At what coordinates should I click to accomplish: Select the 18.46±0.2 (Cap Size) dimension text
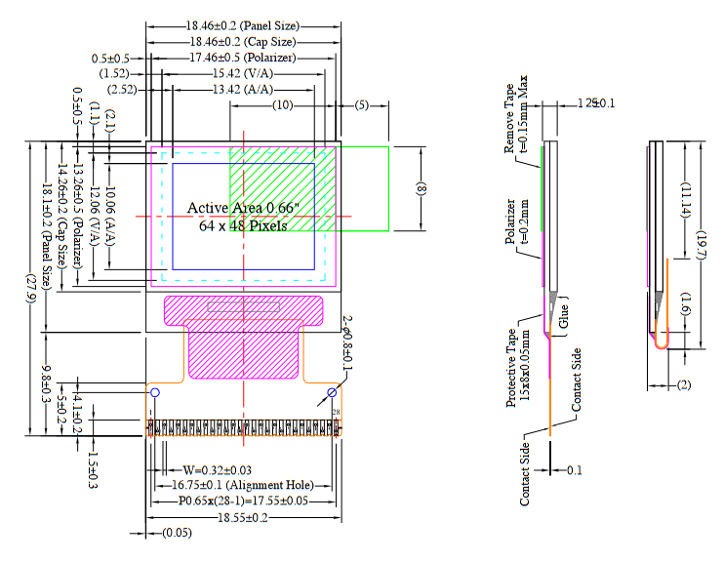241,42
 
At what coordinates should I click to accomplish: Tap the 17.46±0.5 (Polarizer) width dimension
243,59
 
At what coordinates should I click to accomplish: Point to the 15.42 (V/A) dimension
243,74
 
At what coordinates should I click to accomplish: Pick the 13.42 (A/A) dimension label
243,90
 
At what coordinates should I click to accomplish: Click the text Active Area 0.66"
243,208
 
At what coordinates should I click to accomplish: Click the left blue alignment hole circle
154,392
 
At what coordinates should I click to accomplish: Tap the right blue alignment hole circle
333,392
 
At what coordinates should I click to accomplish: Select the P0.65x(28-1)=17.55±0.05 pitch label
243,501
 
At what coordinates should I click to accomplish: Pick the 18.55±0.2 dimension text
245,517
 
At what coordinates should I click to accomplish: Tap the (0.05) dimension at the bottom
177,533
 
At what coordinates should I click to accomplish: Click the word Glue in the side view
563,314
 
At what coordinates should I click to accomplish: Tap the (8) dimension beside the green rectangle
422,189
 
